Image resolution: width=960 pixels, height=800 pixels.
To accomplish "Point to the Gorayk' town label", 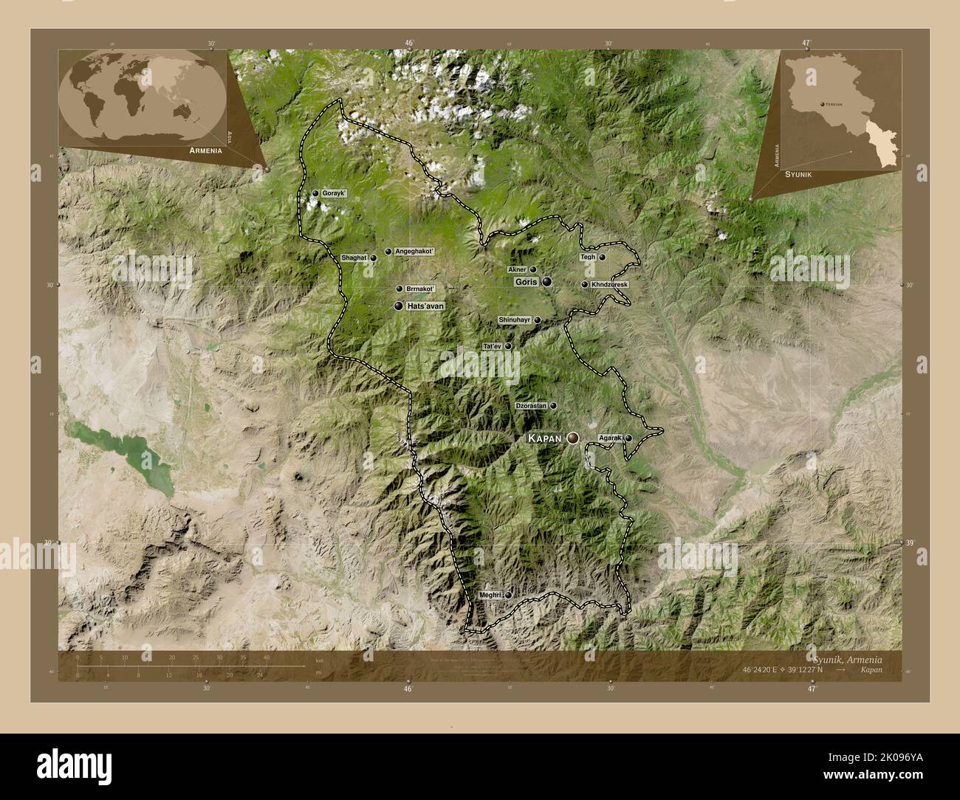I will (334, 193).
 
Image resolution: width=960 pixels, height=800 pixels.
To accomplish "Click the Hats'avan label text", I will (424, 306).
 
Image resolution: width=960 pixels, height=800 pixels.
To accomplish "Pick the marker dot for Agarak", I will (628, 438).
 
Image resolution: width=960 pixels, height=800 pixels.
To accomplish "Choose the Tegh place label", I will (588, 258).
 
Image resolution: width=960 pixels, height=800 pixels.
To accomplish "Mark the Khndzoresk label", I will (609, 284).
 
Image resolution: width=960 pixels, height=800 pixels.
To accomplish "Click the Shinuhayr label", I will (515, 320).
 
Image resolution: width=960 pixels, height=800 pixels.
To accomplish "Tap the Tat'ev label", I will (492, 346).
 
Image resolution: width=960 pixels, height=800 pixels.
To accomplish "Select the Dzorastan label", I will (531, 406).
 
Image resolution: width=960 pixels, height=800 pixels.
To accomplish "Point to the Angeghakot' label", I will (414, 252).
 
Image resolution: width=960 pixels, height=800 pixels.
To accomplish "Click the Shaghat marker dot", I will (374, 258).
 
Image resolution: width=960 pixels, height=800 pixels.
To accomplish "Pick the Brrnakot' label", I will (420, 289).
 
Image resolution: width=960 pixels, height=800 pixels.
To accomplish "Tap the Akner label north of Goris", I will (516, 270).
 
